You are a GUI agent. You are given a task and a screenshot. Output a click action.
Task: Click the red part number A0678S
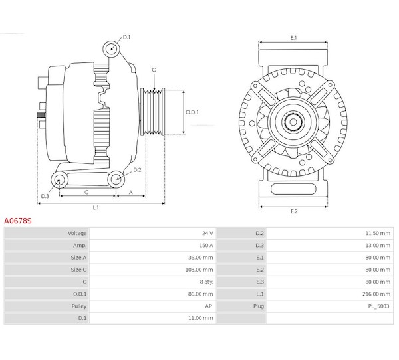pyautogui.click(x=18, y=221)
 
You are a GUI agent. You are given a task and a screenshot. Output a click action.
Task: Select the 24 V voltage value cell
pyautogui.click(x=207, y=233)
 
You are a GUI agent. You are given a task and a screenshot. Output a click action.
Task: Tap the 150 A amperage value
pyautogui.click(x=206, y=246)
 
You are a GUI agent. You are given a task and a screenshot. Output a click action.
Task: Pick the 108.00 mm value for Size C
pyautogui.click(x=199, y=270)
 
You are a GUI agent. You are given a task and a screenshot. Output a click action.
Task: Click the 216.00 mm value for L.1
pyautogui.click(x=376, y=294)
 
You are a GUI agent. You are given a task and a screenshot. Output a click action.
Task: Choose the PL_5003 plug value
pyautogui.click(x=378, y=306)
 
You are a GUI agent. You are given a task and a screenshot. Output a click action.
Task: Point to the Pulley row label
pyautogui.click(x=79, y=306)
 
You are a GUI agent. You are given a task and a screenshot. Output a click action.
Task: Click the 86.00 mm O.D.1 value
pyautogui.click(x=201, y=294)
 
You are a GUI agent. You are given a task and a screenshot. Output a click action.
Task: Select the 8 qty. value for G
pyautogui.click(x=206, y=282)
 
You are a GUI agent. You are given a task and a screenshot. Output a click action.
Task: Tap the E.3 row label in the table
pyautogui.click(x=260, y=282)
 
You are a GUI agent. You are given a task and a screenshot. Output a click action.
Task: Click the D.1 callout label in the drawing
pyautogui.click(x=126, y=37)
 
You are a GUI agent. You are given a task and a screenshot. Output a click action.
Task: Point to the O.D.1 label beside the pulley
pyautogui.click(x=192, y=112)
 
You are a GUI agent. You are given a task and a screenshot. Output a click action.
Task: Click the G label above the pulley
pyautogui.click(x=154, y=70)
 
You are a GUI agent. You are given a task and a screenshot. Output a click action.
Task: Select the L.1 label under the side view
pyautogui.click(x=96, y=208)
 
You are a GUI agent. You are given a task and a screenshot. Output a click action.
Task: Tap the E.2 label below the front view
pyautogui.click(x=294, y=211)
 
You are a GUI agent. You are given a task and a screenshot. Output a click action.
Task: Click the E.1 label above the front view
pyautogui.click(x=293, y=38)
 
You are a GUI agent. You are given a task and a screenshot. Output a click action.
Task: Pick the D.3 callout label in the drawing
pyautogui.click(x=45, y=196)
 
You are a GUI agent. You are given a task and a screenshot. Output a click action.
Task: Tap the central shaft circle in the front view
pyautogui.click(x=293, y=122)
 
